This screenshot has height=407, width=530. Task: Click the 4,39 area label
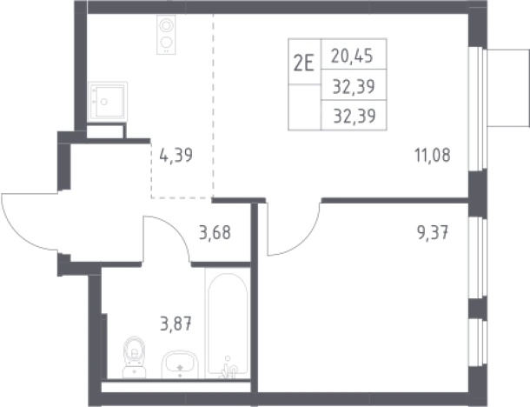pyautogui.click(x=176, y=156)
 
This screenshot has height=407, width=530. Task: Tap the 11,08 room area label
pyautogui.click(x=433, y=156)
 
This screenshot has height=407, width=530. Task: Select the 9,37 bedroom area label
pyautogui.click(x=433, y=233)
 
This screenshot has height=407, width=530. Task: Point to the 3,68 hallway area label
pyautogui.click(x=215, y=233)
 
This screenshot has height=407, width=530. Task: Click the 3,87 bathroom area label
pyautogui.click(x=176, y=324)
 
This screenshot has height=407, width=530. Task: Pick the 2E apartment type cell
pyautogui.click(x=304, y=62)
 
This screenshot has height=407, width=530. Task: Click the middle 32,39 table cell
pyautogui.click(x=354, y=85)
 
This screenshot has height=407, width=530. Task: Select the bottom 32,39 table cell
pyautogui.click(x=354, y=116)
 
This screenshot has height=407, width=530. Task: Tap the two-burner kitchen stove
pyautogui.click(x=166, y=34)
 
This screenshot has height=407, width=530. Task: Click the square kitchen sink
pyautogui.click(x=108, y=101)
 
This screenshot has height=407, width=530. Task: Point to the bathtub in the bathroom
pyautogui.click(x=228, y=324)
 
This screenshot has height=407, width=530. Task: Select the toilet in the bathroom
pyautogui.click(x=134, y=357)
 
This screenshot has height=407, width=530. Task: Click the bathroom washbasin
pyautogui.click(x=180, y=364)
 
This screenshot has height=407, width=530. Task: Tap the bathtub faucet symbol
pyautogui.click(x=229, y=368)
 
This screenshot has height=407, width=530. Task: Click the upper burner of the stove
pyautogui.click(x=166, y=25)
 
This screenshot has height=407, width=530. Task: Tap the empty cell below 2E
pyautogui.click(x=304, y=107)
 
